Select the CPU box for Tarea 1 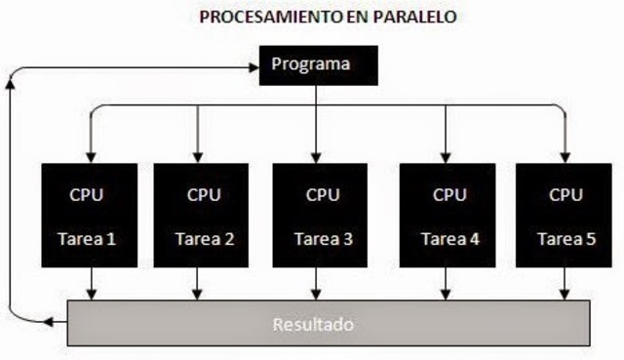click(91, 215)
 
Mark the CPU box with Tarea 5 click(563, 215)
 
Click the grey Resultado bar click(328, 323)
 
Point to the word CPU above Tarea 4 click(448, 194)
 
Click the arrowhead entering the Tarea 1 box click(91, 156)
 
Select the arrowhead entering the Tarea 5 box click(565, 156)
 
